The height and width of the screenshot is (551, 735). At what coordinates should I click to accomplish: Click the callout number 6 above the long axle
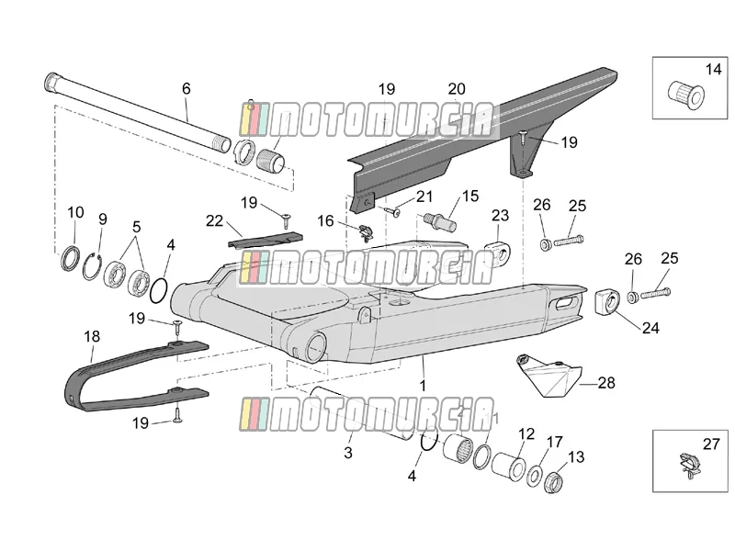tap(187, 88)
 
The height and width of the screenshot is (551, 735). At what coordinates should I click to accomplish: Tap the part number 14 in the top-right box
tap(714, 70)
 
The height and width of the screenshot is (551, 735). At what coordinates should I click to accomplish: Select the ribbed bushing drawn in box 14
tap(685, 96)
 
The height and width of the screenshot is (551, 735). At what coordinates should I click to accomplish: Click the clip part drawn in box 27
tap(690, 465)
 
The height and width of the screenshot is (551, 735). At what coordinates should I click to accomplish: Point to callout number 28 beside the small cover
tap(606, 383)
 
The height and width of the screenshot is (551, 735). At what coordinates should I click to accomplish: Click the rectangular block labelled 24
tap(607, 302)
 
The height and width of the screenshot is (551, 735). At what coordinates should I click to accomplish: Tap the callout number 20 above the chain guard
tap(457, 89)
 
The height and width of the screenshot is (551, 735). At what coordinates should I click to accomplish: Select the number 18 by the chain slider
tap(92, 336)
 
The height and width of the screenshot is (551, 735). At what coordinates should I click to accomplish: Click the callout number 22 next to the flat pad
tap(214, 220)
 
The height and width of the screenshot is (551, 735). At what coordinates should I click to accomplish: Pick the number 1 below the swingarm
tap(423, 386)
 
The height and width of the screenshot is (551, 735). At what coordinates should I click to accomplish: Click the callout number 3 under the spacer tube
tap(348, 453)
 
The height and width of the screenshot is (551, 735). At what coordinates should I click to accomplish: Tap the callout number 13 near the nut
tap(576, 456)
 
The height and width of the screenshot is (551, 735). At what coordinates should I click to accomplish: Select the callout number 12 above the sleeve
tap(526, 434)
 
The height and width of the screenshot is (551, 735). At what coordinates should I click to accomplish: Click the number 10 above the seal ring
tap(75, 212)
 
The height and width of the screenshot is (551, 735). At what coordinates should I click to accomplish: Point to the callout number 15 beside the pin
tap(470, 196)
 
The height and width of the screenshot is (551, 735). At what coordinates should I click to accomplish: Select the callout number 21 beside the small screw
tap(424, 197)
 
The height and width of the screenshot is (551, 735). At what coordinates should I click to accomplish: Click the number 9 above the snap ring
tap(103, 219)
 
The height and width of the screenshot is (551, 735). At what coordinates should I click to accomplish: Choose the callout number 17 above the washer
tap(555, 442)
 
